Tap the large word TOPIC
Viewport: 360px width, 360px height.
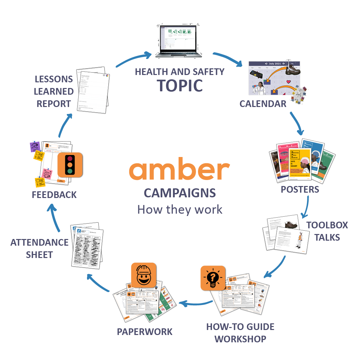pyautogui.click(x=180, y=85)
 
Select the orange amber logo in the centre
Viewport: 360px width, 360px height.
pyautogui.click(x=179, y=171)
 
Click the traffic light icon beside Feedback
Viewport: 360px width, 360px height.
pyautogui.click(x=70, y=165)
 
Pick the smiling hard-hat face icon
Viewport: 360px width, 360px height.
pyautogui.click(x=144, y=275)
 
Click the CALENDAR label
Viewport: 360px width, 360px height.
pyautogui.click(x=263, y=104)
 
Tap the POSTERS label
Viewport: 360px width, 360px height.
pyautogui.click(x=300, y=189)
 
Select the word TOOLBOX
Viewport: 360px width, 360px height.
pyautogui.click(x=327, y=225)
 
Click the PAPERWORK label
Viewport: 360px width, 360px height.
pyautogui.click(x=144, y=332)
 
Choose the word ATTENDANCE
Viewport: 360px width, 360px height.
pyautogui.click(x=39, y=242)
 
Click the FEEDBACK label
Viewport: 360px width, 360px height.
pyautogui.click(x=54, y=195)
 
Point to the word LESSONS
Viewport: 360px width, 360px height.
pyautogui.click(x=53, y=79)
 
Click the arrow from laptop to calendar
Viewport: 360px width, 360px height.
pyautogui.click(x=228, y=58)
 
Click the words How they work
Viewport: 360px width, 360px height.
pyautogui.click(x=180, y=210)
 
